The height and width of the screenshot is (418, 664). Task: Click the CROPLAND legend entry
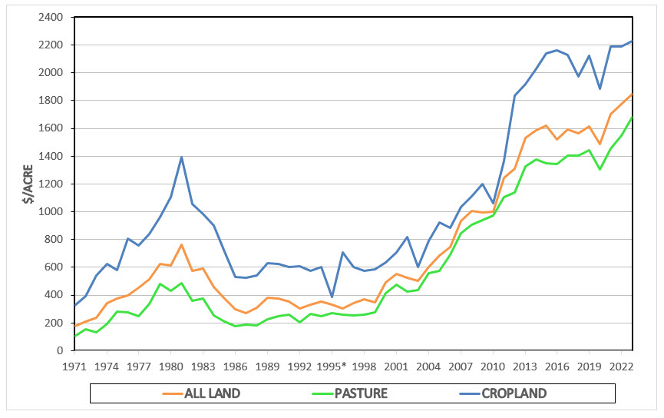(x=514, y=393)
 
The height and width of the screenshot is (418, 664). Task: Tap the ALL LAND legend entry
(x=212, y=393)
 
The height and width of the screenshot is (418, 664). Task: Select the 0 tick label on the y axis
(x=59, y=350)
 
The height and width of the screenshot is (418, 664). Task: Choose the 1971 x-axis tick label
(x=74, y=365)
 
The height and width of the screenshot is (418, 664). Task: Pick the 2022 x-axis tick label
(x=621, y=365)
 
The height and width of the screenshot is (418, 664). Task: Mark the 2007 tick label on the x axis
(x=461, y=365)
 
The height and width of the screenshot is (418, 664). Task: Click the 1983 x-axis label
(x=203, y=365)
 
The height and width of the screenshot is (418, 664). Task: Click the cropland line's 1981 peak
(x=181, y=157)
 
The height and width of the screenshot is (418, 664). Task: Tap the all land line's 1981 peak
(x=181, y=244)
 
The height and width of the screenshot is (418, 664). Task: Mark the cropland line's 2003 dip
(x=418, y=267)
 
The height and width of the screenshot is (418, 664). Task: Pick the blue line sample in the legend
(x=463, y=393)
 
